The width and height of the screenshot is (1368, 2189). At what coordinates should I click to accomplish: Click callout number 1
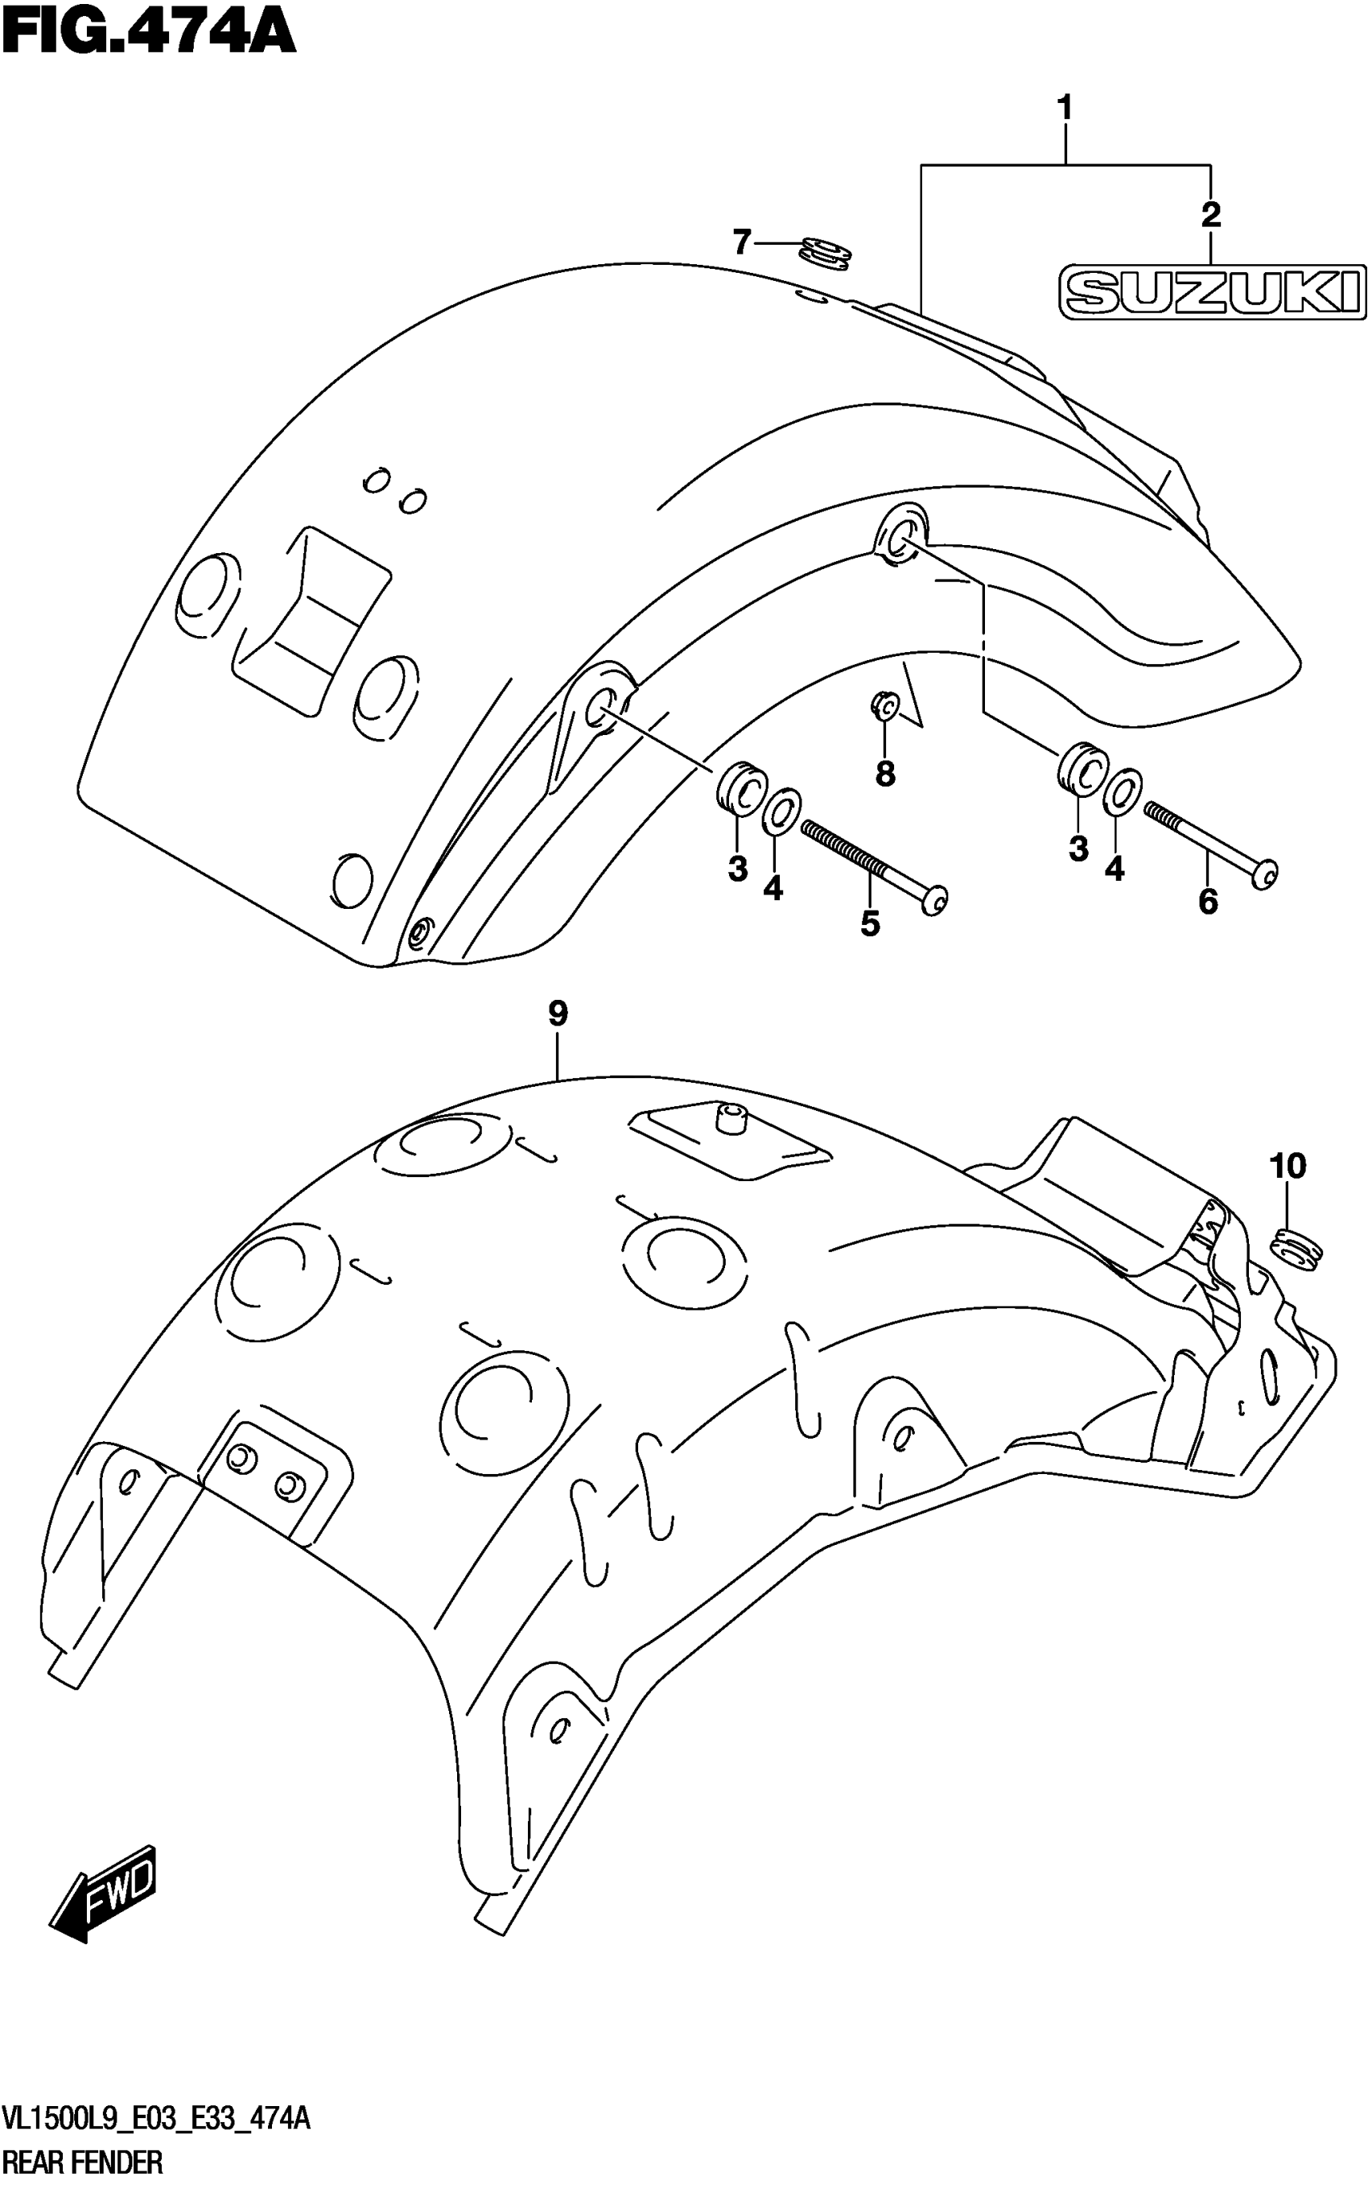1065,109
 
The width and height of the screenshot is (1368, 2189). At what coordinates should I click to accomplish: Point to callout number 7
742,242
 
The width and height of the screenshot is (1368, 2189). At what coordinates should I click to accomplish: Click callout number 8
885,774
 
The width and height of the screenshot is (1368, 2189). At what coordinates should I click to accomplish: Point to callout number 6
1208,902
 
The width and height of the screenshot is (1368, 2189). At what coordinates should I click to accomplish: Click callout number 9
558,1014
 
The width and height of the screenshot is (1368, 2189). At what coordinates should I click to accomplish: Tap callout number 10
1288,1167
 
